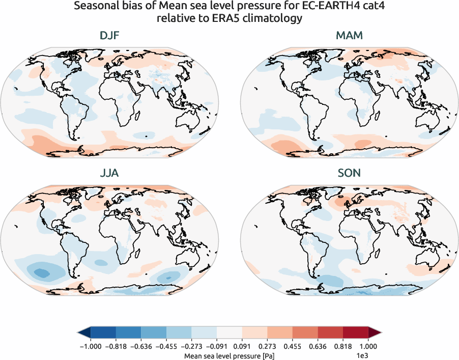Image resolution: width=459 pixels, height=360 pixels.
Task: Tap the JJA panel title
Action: pyautogui.click(x=110, y=173)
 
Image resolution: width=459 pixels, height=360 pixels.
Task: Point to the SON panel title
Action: pyautogui.click(x=349, y=173)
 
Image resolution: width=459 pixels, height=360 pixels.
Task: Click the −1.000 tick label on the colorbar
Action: pyautogui.click(x=91, y=346)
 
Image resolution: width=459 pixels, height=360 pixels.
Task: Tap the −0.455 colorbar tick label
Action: pyautogui.click(x=166, y=346)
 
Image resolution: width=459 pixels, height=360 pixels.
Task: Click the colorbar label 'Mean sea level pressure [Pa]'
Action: pyautogui.click(x=229, y=354)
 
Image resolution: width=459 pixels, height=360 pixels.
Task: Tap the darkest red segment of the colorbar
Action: pyautogui.click(x=356, y=333)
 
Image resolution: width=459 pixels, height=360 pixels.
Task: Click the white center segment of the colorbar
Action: pyautogui.click(x=229, y=333)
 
